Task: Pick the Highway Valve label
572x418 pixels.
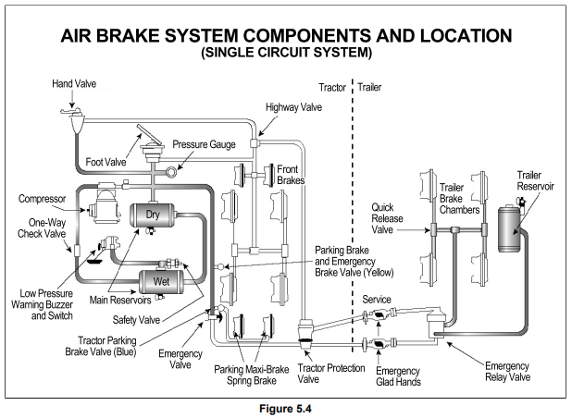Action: [x=294, y=107]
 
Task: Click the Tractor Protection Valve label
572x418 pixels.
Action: [x=324, y=374]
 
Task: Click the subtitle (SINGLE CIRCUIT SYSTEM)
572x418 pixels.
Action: [x=285, y=53]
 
